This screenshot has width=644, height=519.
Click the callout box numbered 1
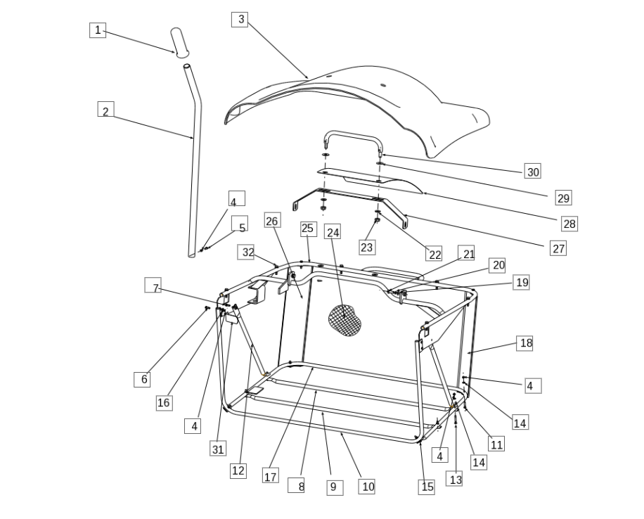tap(98, 30)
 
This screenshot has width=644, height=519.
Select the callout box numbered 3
tap(240, 20)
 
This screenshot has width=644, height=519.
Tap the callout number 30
tap(533, 171)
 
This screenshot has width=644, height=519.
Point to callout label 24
tap(333, 232)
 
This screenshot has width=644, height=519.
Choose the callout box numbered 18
tap(524, 343)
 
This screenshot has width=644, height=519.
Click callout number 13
tap(454, 479)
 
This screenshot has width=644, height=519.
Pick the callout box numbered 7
tap(153, 286)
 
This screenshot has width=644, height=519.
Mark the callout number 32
tap(246, 252)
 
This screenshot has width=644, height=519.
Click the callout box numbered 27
tap(558, 248)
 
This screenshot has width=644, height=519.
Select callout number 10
tap(367, 487)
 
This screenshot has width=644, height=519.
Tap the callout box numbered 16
tap(165, 403)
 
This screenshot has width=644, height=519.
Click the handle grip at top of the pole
tap(179, 43)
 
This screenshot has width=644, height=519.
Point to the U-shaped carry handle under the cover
tap(353, 134)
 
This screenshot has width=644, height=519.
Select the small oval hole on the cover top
tap(383, 86)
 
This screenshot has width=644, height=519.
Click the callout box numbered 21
tap(466, 253)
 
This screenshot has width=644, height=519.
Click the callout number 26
tap(272, 220)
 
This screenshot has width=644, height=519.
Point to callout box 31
tap(218, 448)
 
